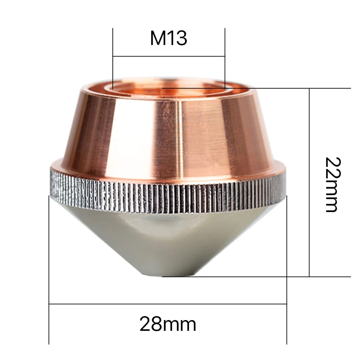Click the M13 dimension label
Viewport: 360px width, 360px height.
point(168,39)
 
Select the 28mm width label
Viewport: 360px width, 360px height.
point(168,324)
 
